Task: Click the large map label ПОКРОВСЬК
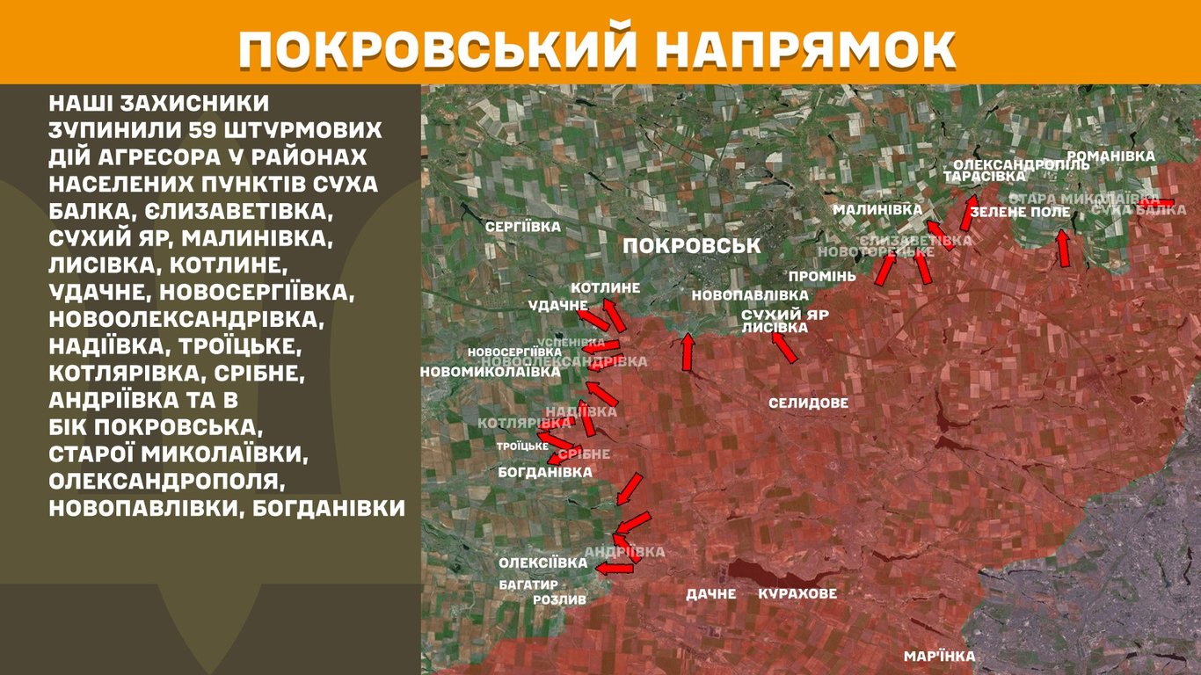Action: (x=691, y=246)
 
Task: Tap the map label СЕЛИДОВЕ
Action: (x=808, y=403)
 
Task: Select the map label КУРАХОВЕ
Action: (x=797, y=594)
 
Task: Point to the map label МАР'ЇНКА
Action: (x=939, y=657)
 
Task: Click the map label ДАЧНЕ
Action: (x=711, y=594)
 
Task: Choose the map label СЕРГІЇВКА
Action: (x=523, y=227)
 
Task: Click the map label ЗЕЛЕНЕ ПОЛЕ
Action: (x=1020, y=212)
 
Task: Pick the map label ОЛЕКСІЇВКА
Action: (x=542, y=562)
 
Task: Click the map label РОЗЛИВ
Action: (x=559, y=599)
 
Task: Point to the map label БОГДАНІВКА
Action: (x=544, y=472)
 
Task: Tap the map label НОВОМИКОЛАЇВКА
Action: (x=490, y=372)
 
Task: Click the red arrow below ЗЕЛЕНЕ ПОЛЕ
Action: (x=1064, y=248)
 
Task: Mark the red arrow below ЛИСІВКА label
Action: (x=784, y=348)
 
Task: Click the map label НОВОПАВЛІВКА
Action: (x=749, y=295)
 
